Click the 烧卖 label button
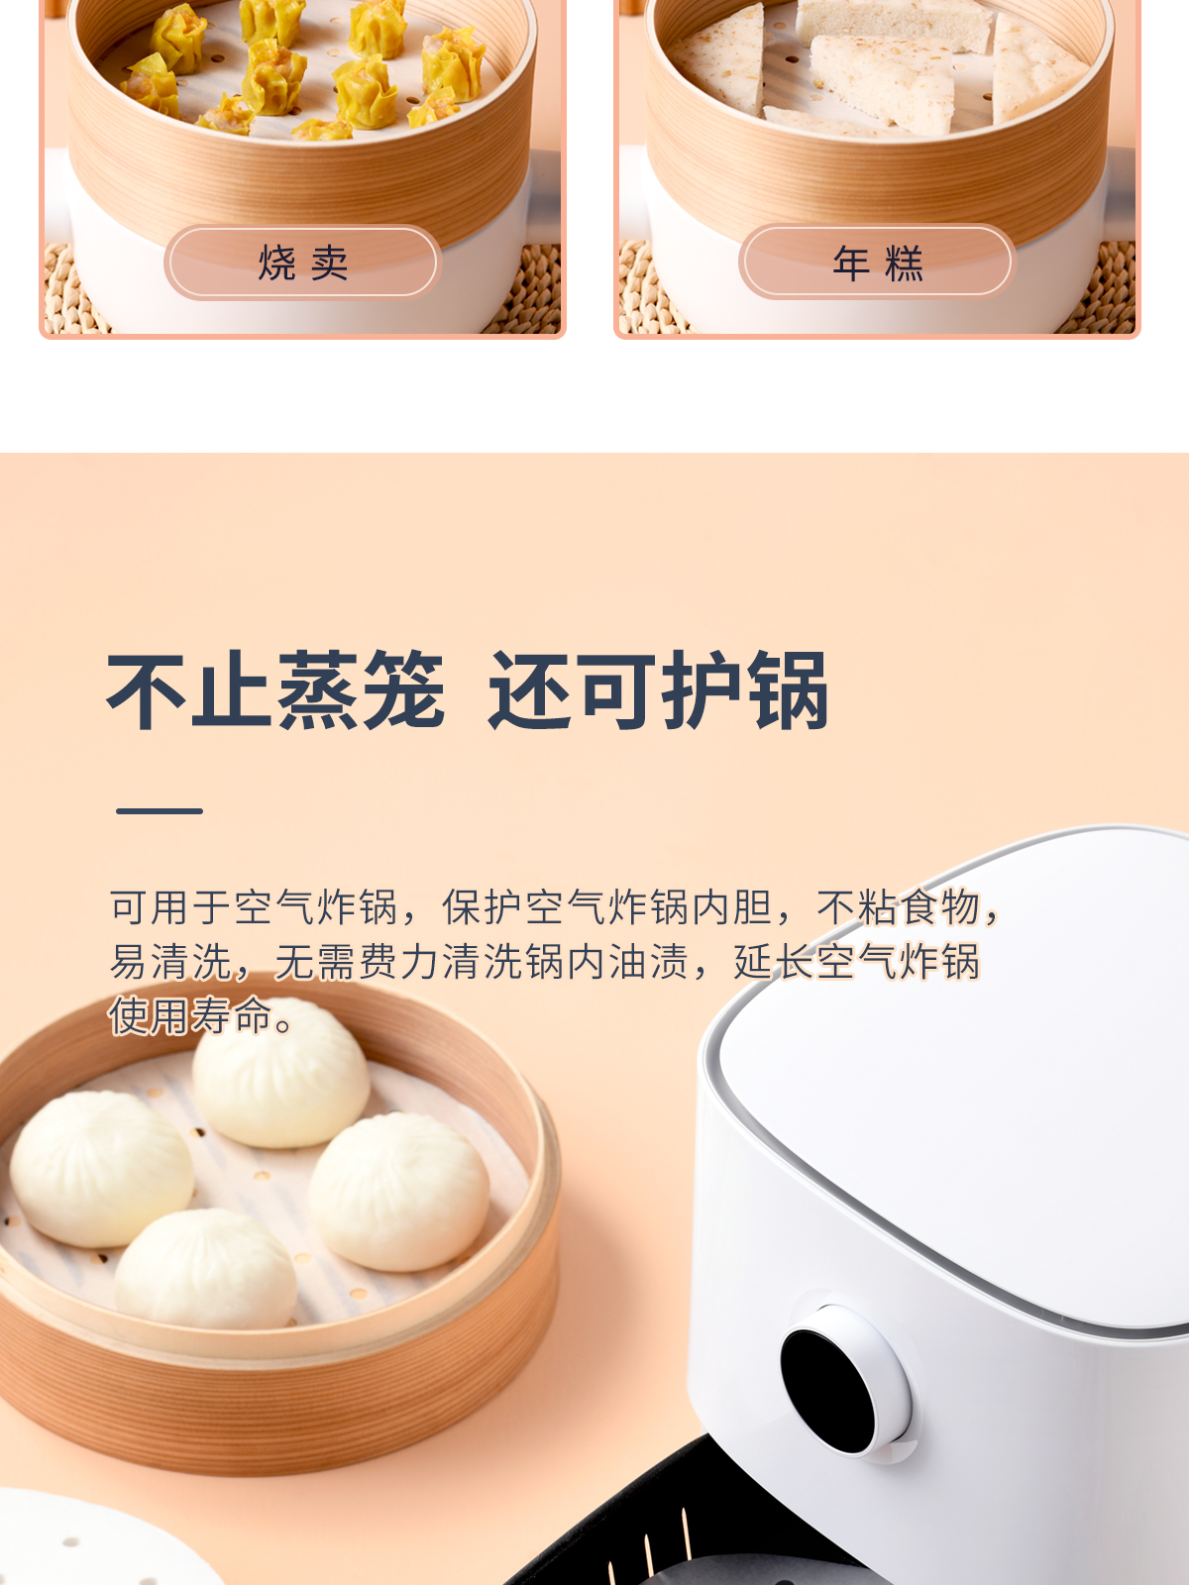(302, 262)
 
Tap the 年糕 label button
(877, 262)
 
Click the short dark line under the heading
(160, 811)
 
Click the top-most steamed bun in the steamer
(280, 1072)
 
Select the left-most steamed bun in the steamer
(101, 1169)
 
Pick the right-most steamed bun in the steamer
(398, 1192)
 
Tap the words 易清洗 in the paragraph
(171, 961)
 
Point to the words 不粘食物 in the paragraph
(898, 907)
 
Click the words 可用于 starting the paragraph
(171, 907)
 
